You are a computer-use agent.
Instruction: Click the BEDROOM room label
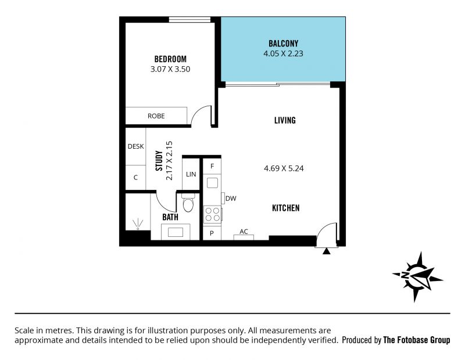170,59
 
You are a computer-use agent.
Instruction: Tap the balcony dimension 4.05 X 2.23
283,53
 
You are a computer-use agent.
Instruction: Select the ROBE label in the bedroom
156,116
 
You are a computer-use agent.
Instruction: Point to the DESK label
135,146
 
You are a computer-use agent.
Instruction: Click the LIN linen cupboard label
191,174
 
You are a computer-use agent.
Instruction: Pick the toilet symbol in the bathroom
188,203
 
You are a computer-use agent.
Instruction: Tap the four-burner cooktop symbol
212,214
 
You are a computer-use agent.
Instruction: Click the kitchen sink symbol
212,183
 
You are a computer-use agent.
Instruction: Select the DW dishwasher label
231,198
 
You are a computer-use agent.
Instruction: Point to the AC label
244,232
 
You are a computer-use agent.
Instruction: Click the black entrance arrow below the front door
326,251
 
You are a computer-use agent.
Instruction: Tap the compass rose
417,277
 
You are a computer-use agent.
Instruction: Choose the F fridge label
212,166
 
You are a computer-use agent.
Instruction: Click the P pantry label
212,233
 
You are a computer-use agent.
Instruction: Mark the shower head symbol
138,224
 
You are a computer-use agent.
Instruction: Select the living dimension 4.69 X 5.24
284,168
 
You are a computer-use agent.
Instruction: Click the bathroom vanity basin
176,232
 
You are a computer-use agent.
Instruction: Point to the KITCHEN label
285,208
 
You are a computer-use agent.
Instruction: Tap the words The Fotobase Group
416,340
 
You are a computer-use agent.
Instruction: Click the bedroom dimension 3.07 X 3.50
170,69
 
